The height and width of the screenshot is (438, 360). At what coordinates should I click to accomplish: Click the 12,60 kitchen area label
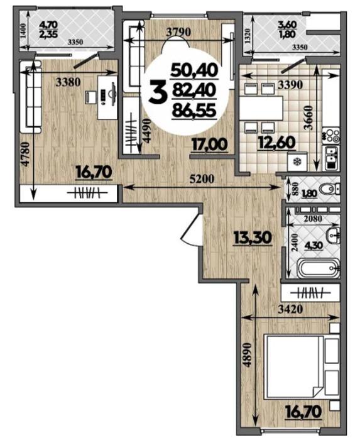277,143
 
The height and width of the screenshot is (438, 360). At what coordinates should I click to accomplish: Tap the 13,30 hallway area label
253,238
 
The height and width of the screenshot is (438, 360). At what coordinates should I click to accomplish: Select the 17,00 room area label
210,145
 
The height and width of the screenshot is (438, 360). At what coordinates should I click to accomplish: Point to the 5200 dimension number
202,178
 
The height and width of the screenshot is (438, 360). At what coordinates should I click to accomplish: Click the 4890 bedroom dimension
248,354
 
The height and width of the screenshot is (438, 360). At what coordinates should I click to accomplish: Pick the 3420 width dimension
291,309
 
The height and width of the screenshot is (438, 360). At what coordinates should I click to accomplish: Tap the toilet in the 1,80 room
330,189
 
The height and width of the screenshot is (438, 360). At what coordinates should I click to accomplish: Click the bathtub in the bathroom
319,268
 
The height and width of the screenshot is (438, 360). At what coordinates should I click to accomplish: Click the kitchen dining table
260,108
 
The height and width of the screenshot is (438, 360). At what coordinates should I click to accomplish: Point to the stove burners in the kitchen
330,135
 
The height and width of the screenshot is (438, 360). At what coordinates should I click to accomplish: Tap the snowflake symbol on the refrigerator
297,162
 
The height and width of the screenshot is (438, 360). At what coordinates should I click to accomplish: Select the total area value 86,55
194,110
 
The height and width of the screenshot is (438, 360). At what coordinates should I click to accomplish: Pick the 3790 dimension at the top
178,32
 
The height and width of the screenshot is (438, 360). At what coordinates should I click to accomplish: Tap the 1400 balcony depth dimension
23,31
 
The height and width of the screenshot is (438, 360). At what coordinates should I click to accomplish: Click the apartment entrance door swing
190,229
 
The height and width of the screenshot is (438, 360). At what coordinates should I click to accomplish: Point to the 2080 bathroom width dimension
313,219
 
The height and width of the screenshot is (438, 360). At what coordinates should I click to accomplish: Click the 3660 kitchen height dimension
308,118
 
